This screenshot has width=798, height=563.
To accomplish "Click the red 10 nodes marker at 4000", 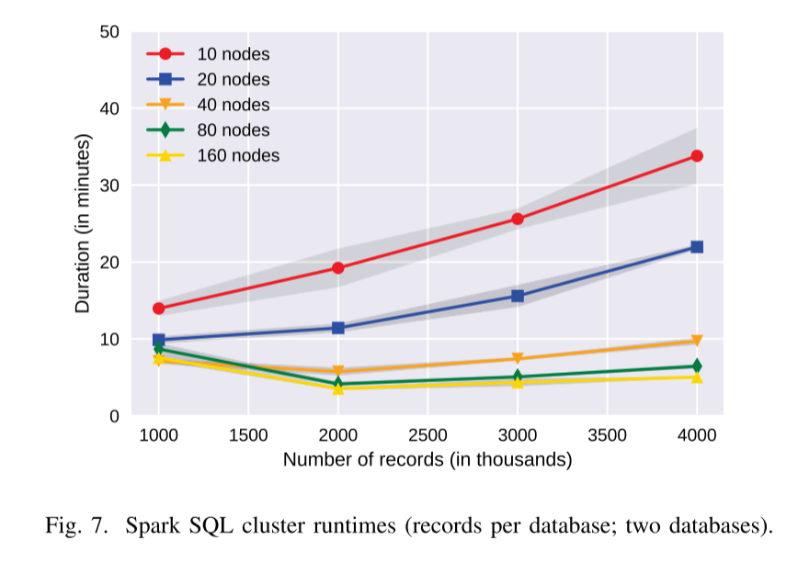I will click(697, 156).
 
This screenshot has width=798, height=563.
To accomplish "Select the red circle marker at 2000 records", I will click(338, 268).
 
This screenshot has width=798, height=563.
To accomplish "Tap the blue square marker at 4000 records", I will click(697, 247).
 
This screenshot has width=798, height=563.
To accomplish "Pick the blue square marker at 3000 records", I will click(518, 296).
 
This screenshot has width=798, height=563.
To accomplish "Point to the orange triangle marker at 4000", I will click(697, 342).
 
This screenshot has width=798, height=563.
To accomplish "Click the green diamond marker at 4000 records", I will click(697, 366).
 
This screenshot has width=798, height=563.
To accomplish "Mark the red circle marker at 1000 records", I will click(159, 309).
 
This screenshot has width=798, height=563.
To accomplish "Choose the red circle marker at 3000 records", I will click(518, 219).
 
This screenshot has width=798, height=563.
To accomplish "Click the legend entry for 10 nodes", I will click(234, 55).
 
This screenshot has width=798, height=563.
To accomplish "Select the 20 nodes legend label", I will click(234, 80).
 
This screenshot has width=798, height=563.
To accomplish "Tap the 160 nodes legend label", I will click(238, 155).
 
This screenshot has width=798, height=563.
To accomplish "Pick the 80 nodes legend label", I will click(234, 130).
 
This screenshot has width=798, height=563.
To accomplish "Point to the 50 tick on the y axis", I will click(109, 32).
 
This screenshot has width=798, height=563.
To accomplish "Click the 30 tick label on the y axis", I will click(109, 186).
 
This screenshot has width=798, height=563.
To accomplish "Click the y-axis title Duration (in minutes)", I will click(83, 223).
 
